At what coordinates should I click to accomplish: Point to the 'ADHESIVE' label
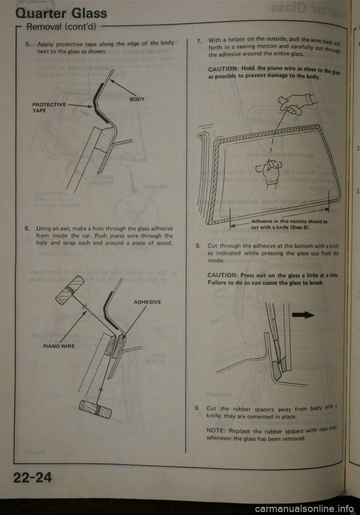click(147, 302)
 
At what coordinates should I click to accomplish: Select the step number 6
click(27, 229)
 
